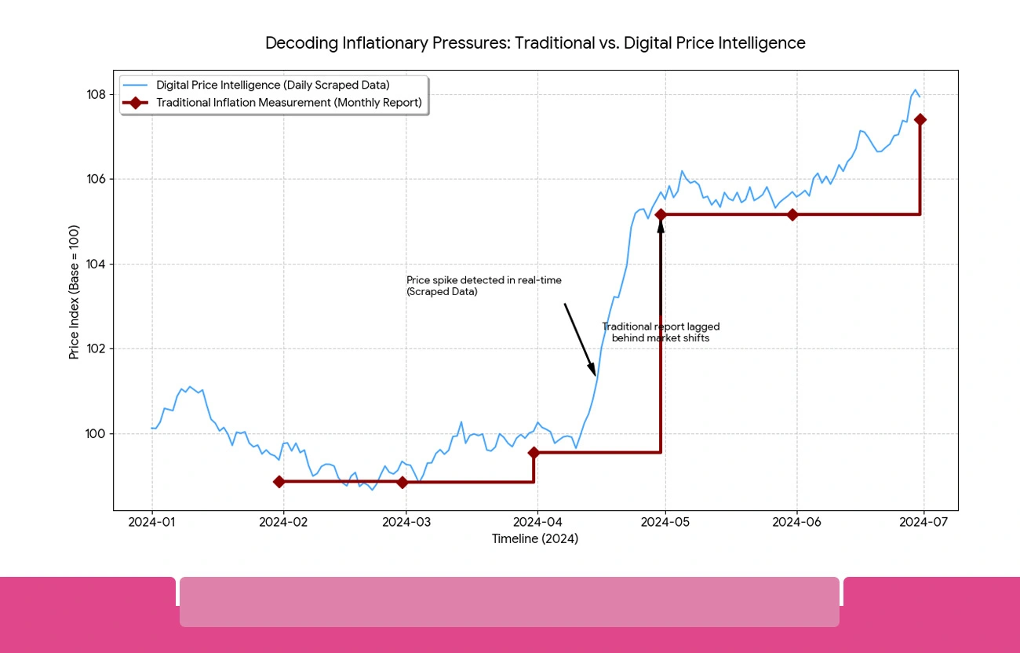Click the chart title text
click(535, 43)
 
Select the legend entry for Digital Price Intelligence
click(272, 85)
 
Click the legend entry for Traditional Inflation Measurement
click(288, 103)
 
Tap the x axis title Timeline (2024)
click(535, 539)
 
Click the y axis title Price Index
click(75, 292)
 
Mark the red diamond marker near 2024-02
click(279, 482)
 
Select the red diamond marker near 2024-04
click(534, 453)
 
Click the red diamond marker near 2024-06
click(792, 214)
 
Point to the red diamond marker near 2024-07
click(920, 119)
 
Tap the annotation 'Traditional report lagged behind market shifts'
click(661, 332)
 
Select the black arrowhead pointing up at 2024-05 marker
click(661, 226)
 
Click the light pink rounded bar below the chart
click(509, 602)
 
